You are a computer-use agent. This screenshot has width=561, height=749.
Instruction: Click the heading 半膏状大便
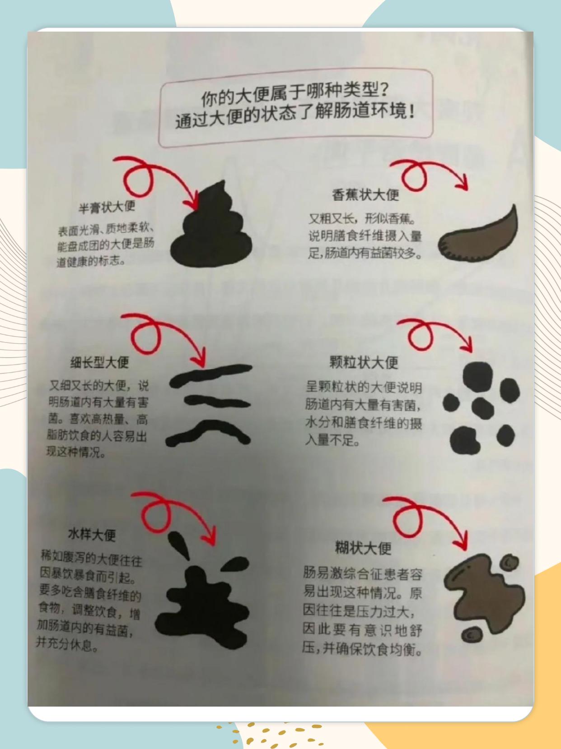point(107,207)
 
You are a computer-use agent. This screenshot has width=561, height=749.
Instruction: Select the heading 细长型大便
point(99,362)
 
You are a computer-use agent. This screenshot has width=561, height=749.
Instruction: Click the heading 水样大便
point(92,535)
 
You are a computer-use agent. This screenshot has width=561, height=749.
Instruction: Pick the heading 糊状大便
point(363,548)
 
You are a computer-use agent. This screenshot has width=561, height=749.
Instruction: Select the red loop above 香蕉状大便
point(413,176)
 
